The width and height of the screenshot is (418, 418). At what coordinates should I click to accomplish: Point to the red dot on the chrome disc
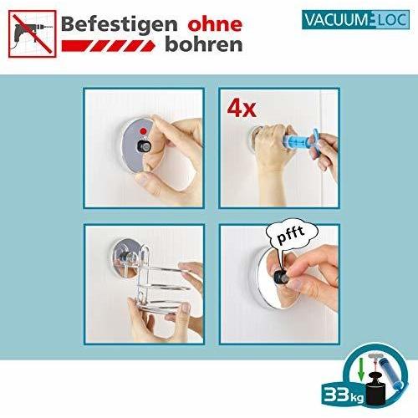point(145,130)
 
